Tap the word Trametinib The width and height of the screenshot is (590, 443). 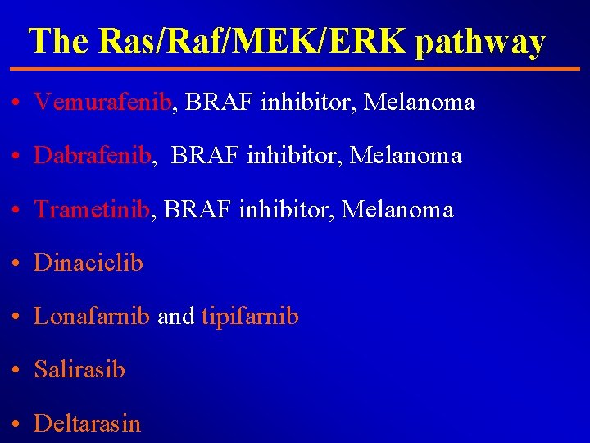93,209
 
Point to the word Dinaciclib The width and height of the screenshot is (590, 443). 88,263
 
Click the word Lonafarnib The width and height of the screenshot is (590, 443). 92,316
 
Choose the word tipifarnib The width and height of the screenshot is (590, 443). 250,316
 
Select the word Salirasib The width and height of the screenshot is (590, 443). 79,369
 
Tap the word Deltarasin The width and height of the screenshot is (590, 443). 87,423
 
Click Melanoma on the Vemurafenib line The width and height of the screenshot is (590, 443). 420,103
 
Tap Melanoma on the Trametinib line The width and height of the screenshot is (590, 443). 397,209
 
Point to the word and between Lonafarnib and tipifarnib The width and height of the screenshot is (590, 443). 175,316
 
